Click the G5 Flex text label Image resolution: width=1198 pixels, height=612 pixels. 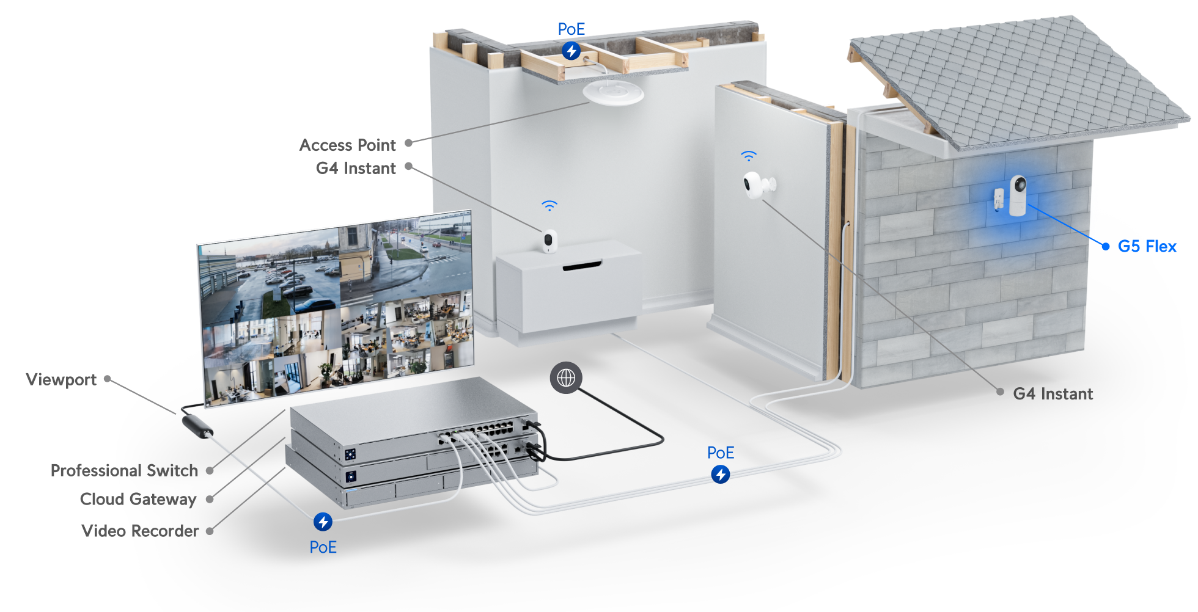(1147, 246)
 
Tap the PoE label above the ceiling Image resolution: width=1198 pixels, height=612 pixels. (571, 29)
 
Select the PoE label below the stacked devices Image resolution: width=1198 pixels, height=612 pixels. (323, 547)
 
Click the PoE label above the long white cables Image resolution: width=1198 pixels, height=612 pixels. (720, 453)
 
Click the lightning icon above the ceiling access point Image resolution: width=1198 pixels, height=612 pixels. (571, 51)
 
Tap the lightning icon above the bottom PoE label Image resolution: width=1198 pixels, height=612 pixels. (323, 522)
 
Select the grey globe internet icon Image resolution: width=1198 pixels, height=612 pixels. (566, 378)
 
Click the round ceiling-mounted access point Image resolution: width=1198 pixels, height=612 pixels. (613, 93)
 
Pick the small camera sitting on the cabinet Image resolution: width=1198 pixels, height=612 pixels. (549, 241)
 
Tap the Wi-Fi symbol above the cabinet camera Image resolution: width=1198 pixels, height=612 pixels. (549, 206)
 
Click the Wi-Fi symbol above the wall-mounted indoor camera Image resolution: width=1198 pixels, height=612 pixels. (748, 156)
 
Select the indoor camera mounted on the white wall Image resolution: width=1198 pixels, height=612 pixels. (755, 184)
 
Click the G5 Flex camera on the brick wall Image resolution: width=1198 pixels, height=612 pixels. (1017, 195)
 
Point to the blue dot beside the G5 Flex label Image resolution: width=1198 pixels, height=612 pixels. (1105, 246)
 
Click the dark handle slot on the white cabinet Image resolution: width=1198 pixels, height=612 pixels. (582, 266)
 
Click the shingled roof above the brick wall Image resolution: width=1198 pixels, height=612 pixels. (1015, 79)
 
